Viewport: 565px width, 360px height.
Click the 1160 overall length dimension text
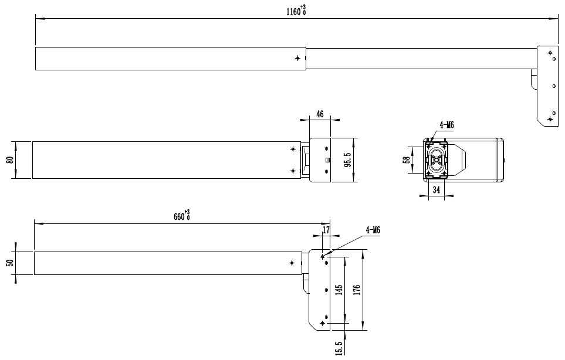pyautogui.click(x=296, y=11)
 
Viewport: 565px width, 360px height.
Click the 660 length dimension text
pyautogui.click(x=182, y=216)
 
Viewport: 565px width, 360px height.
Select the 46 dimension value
pyautogui.click(x=320, y=114)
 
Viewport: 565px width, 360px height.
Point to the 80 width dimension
pyautogui.click(x=11, y=160)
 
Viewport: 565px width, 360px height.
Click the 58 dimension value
pyautogui.click(x=407, y=160)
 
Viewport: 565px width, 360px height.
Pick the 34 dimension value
pyautogui.click(x=437, y=190)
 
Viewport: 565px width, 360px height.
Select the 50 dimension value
pyautogui.click(x=11, y=263)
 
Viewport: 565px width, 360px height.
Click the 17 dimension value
pyautogui.click(x=326, y=230)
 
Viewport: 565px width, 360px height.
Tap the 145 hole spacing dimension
pyautogui.click(x=339, y=290)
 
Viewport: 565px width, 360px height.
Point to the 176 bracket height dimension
pyautogui.click(x=356, y=290)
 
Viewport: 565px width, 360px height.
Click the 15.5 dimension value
pyautogui.click(x=339, y=348)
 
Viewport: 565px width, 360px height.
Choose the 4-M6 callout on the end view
pyautogui.click(x=446, y=125)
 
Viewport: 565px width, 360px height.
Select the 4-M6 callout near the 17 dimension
pyautogui.click(x=373, y=230)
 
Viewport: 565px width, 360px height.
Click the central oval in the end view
pyautogui.click(x=437, y=160)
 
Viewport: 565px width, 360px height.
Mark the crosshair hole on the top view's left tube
pyautogui.click(x=297, y=58)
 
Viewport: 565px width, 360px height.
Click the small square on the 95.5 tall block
pyautogui.click(x=327, y=160)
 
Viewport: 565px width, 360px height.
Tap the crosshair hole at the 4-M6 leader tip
pyautogui.click(x=323, y=257)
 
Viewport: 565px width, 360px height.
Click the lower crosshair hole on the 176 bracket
pyautogui.click(x=323, y=323)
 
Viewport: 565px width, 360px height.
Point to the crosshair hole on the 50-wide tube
pyautogui.click(x=292, y=263)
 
